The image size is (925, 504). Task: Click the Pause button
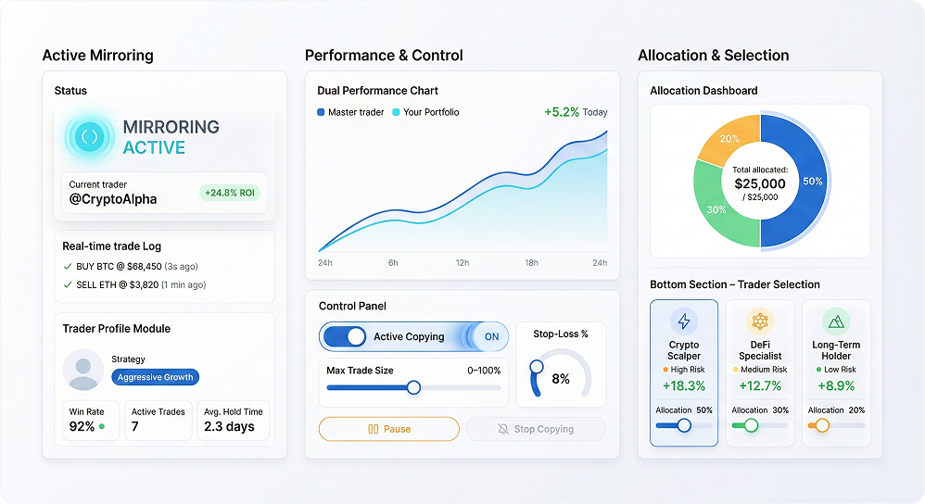point(388,429)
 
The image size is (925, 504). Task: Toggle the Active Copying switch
point(345,336)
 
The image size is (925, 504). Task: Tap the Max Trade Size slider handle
point(413,387)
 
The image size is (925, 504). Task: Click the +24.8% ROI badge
point(230,193)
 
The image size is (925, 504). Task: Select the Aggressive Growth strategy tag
point(155,377)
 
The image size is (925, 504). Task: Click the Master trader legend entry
point(353,112)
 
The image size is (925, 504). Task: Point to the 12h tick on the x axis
point(462,263)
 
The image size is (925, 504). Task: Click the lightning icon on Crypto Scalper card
point(684,321)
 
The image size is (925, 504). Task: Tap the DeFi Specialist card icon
point(760,321)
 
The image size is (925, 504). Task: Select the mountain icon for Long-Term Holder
point(836,321)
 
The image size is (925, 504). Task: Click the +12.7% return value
point(760,385)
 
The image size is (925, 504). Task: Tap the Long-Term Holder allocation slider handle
point(822,425)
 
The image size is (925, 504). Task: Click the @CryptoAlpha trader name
point(113,198)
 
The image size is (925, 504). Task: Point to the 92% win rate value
point(82,426)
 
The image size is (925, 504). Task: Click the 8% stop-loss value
point(561,379)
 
